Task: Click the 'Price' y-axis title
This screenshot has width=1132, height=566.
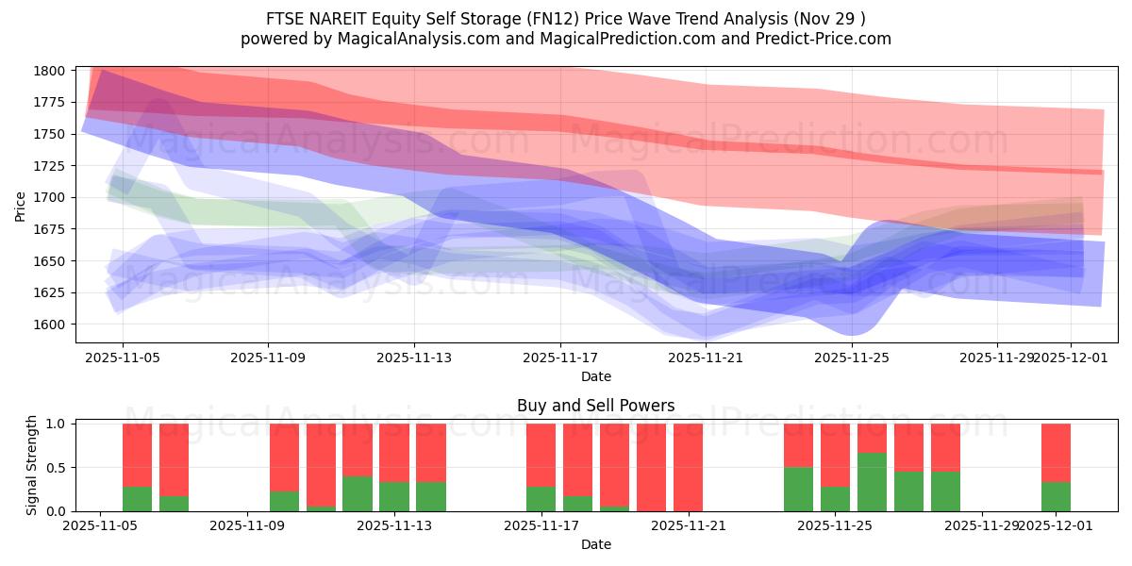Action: click(21, 205)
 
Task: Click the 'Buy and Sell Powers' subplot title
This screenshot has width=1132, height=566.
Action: click(595, 407)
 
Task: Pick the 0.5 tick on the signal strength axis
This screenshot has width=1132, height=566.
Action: click(57, 468)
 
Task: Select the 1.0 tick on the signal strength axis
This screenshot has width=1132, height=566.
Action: click(57, 424)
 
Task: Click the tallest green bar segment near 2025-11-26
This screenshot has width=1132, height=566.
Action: click(873, 482)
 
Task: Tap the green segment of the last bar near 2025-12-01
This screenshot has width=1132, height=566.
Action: click(1056, 497)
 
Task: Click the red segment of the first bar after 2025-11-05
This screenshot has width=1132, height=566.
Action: click(138, 455)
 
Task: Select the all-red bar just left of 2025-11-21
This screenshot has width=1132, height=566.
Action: click(688, 467)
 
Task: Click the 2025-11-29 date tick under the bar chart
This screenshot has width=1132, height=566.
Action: click(983, 525)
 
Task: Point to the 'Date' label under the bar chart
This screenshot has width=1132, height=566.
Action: click(595, 544)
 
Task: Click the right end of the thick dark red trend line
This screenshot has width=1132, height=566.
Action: click(1099, 172)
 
